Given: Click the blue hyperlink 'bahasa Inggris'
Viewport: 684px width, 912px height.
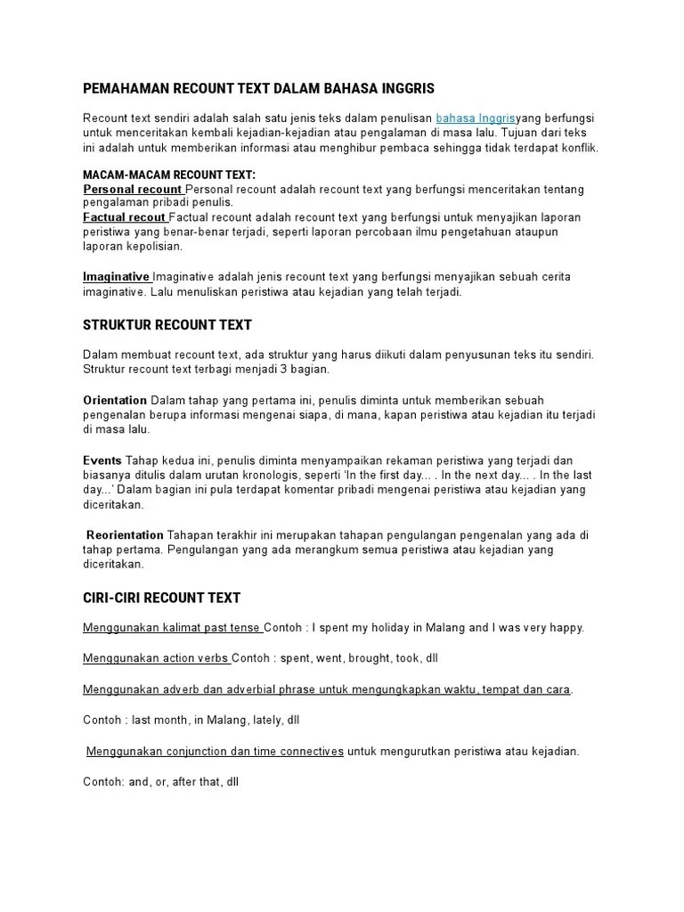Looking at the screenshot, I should (x=476, y=118).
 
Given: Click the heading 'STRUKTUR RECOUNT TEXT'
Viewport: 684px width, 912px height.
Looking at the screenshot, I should (x=167, y=325).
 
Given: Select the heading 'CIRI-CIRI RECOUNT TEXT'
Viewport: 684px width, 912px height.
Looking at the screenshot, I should (x=161, y=598).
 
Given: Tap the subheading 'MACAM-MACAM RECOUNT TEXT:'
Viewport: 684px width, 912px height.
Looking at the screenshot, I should (x=169, y=175).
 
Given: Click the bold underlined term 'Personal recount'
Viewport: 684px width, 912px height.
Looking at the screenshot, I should (x=133, y=189).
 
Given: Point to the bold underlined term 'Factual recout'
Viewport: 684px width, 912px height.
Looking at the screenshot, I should (x=125, y=217).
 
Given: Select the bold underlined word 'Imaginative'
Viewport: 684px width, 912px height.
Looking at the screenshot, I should (x=117, y=277).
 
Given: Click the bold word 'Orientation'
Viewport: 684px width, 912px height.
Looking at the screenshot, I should (x=115, y=400).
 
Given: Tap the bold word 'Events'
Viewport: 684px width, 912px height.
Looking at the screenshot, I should (x=102, y=460).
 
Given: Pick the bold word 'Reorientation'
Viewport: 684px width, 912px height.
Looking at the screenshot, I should (x=125, y=535).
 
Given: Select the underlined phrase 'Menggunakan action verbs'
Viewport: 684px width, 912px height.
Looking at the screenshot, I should (x=156, y=658).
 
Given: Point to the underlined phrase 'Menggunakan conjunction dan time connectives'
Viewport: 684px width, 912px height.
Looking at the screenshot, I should (x=215, y=752).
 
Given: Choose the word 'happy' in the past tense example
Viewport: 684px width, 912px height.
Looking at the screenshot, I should (x=563, y=628).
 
